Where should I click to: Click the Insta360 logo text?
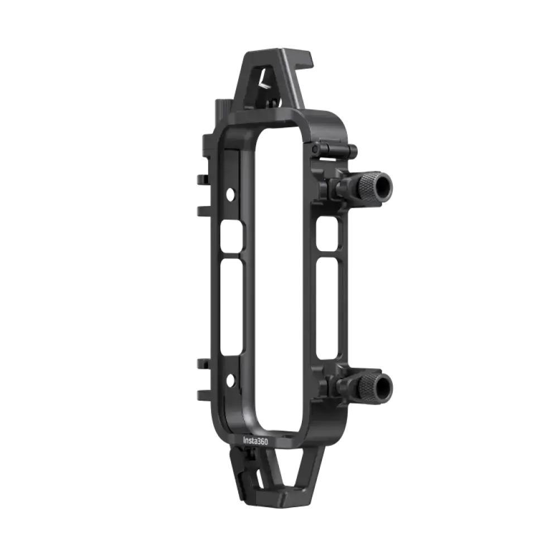(x=260, y=440)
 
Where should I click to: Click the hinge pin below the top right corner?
(x=332, y=149)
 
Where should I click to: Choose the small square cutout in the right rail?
(x=326, y=234)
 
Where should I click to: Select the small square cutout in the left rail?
(x=233, y=237)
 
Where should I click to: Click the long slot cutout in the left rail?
(x=233, y=307)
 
